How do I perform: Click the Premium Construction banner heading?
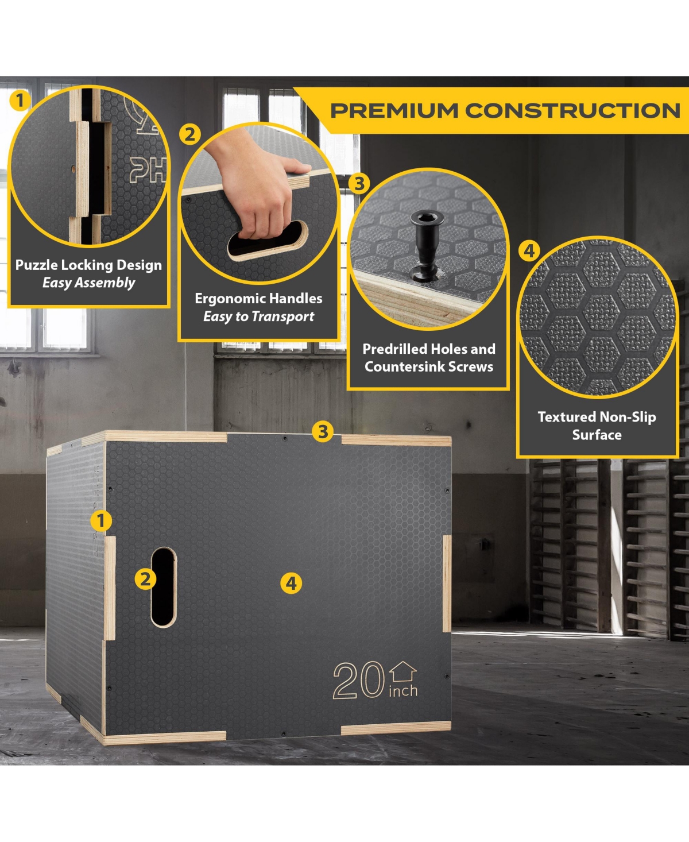click(505, 110)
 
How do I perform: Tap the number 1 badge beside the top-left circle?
click(20, 100)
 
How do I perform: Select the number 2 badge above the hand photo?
click(189, 134)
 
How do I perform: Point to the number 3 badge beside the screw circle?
click(359, 184)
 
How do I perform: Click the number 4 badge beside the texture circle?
click(529, 251)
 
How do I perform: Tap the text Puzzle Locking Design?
click(88, 265)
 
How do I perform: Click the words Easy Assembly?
click(88, 283)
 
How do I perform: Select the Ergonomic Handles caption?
click(259, 298)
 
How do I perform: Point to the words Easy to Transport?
click(259, 316)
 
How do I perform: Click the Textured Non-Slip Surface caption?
click(597, 426)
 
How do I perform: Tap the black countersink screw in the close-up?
click(427, 244)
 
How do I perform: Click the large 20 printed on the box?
click(358, 680)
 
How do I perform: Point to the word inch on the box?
click(403, 691)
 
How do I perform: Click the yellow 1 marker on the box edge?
click(101, 520)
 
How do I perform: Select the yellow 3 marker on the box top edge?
click(323, 431)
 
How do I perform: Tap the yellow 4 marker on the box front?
click(291, 584)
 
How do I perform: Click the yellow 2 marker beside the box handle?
click(145, 579)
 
